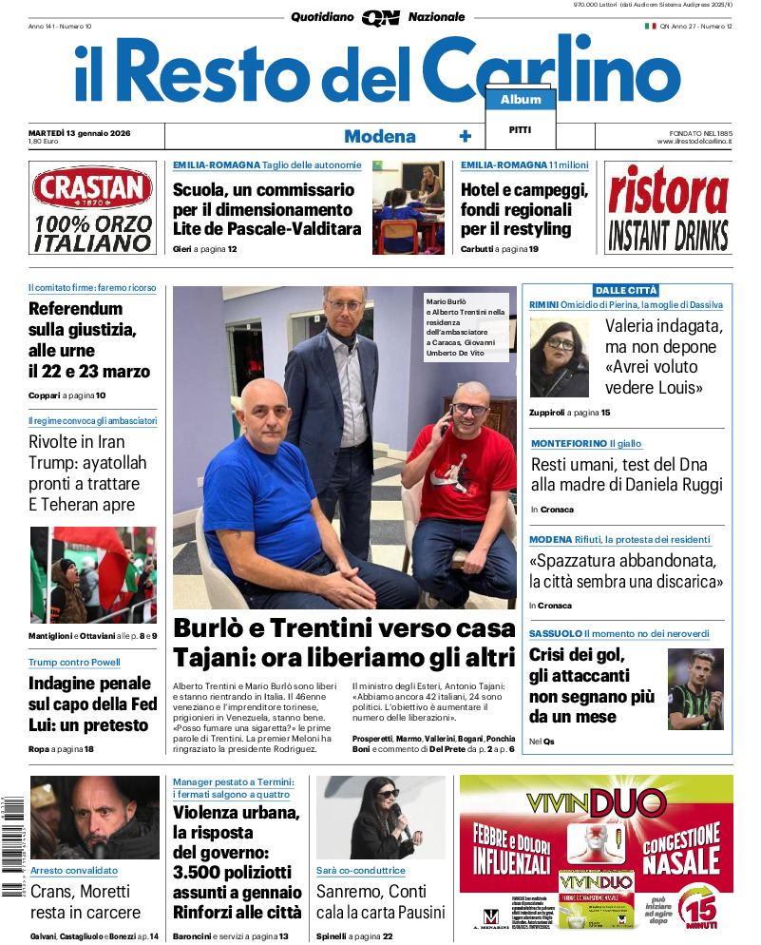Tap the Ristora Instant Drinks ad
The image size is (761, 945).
(x=668, y=208)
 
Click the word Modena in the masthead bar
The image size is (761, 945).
(x=380, y=136)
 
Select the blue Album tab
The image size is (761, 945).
(x=521, y=99)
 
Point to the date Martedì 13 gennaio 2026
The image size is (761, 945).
(x=79, y=132)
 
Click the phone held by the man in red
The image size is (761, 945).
(x=443, y=428)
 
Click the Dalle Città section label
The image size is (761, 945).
(x=626, y=290)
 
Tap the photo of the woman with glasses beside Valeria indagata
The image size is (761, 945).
(x=560, y=357)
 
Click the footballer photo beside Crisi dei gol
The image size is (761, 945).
(x=695, y=688)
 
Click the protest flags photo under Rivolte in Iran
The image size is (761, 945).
(x=92, y=574)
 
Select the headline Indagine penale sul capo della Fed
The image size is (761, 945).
(x=89, y=704)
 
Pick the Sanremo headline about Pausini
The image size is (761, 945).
(x=380, y=902)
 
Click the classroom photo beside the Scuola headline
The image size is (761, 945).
(x=408, y=206)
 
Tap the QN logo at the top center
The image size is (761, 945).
(x=380, y=17)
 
